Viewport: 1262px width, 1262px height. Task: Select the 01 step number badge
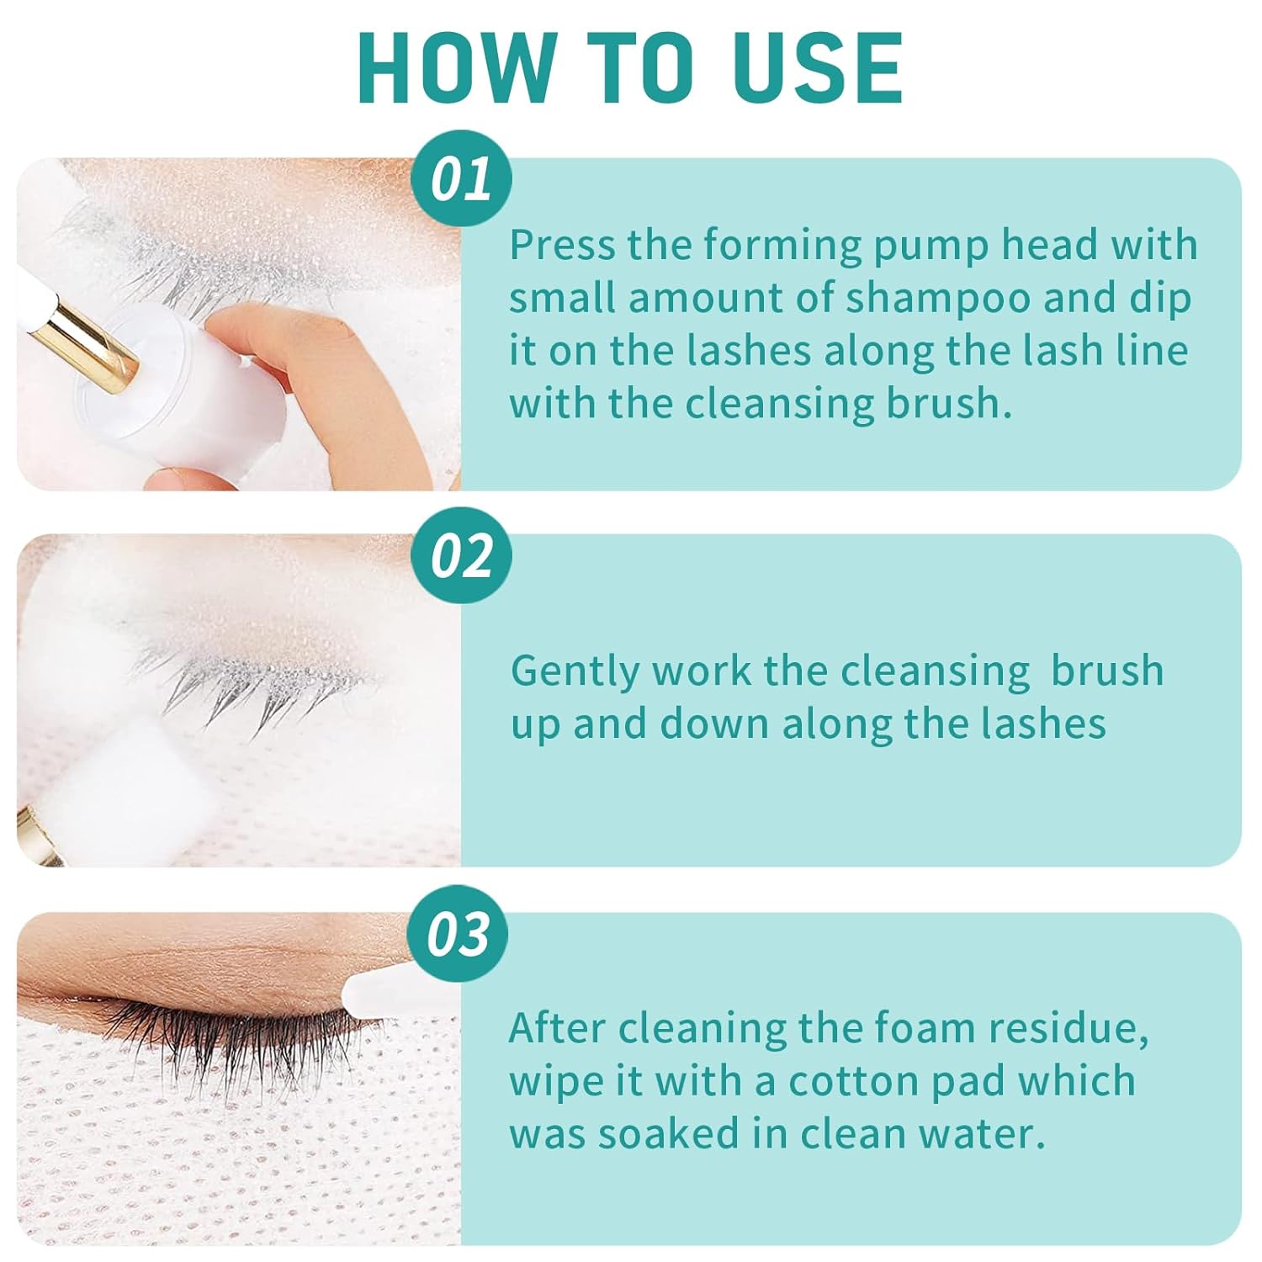click(x=461, y=178)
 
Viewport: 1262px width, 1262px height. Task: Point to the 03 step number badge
click(x=458, y=933)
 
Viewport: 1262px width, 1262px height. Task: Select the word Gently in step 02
click(x=574, y=672)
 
